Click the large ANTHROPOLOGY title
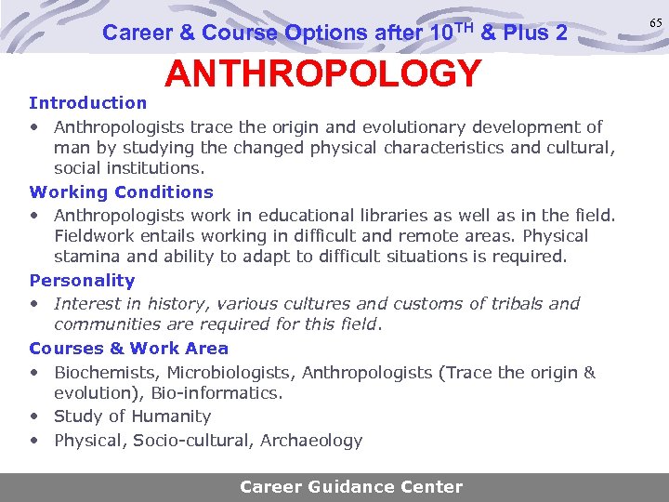(322, 73)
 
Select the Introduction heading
(88, 102)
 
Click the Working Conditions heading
(122, 192)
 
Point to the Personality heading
(83, 281)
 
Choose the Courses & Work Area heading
(129, 349)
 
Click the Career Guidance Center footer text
(351, 486)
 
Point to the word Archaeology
(313, 441)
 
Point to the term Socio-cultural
(190, 441)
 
